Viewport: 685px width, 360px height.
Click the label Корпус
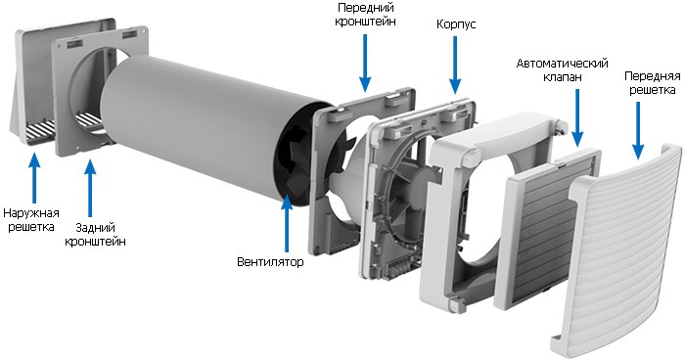456,24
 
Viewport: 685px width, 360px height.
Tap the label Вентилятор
270,262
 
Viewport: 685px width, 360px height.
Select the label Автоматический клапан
563,69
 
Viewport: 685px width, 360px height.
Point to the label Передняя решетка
653,83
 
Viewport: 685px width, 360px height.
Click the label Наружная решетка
31,220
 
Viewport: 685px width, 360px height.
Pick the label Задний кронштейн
95,235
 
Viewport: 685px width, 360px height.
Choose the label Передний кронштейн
366,15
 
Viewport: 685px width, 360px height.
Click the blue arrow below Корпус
455,66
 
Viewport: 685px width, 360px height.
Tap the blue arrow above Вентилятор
286,223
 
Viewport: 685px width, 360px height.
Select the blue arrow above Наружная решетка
34,177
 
